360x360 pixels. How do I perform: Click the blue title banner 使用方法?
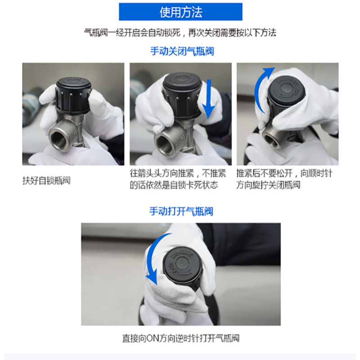(180, 12)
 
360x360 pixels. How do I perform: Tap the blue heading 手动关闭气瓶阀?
(182, 51)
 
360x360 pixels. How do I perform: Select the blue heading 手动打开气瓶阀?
(181, 211)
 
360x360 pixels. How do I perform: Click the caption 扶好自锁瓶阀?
(46, 180)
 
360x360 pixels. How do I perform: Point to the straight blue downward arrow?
(208, 99)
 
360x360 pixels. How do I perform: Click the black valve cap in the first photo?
(74, 95)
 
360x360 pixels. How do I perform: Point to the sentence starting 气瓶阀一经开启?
(180, 33)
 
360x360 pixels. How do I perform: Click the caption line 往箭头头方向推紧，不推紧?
(178, 173)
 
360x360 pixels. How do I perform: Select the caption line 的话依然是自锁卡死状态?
(174, 185)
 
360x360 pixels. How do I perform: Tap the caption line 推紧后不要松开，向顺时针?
(284, 173)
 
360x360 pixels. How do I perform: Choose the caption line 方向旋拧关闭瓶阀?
(268, 185)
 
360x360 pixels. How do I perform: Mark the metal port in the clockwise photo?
(273, 139)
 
